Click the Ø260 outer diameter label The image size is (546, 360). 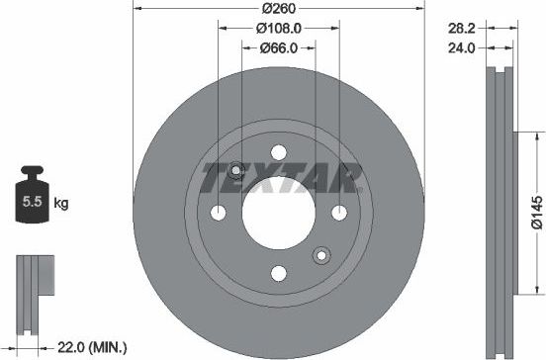[278, 8]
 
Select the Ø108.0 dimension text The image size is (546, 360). [278, 29]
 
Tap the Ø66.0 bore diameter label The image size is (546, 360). [278, 48]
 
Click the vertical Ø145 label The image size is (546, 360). [535, 212]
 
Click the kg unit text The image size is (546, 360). [60, 205]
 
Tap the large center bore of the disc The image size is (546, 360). [278, 213]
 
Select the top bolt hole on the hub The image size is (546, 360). [278, 152]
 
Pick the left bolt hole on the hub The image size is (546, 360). [218, 213]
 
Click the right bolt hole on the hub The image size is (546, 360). [339, 213]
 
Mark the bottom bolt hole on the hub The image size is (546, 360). [278, 274]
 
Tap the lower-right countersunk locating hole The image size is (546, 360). [320, 256]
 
